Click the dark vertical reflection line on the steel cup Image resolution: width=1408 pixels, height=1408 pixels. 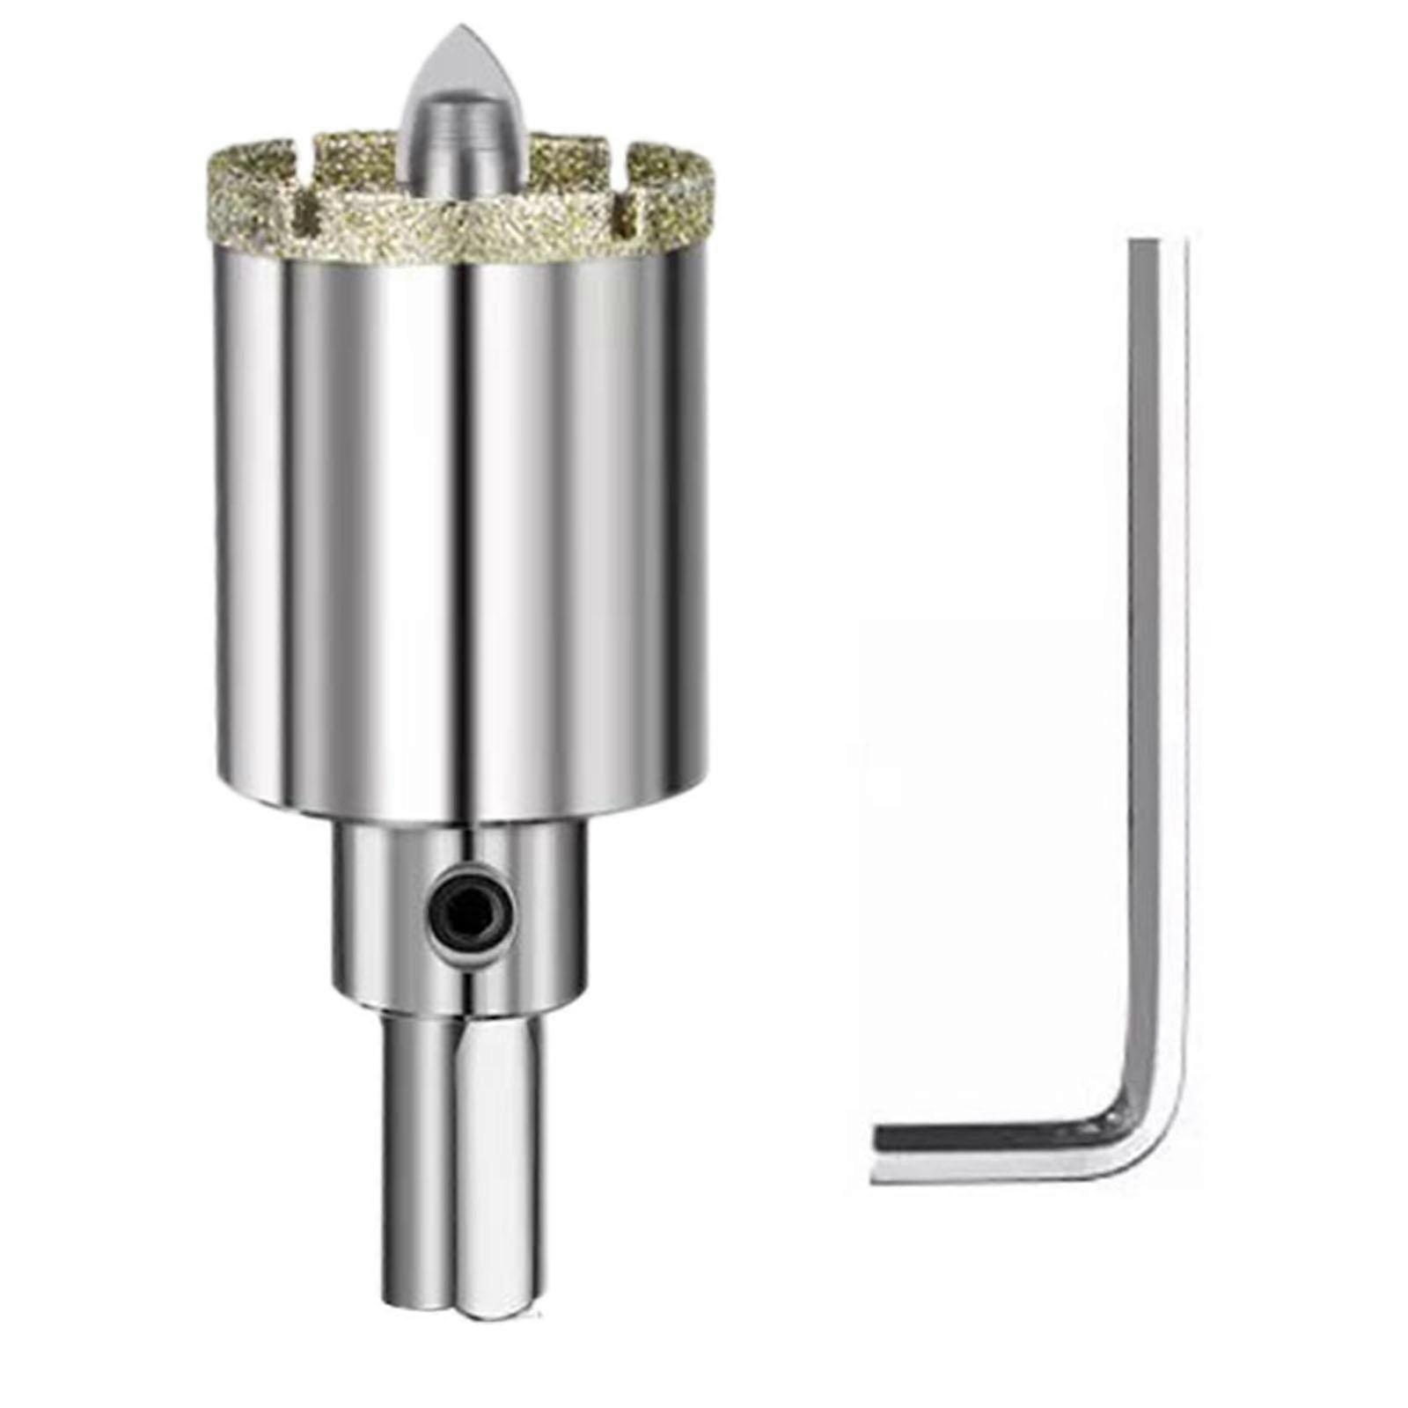pyautogui.click(x=458, y=528)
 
